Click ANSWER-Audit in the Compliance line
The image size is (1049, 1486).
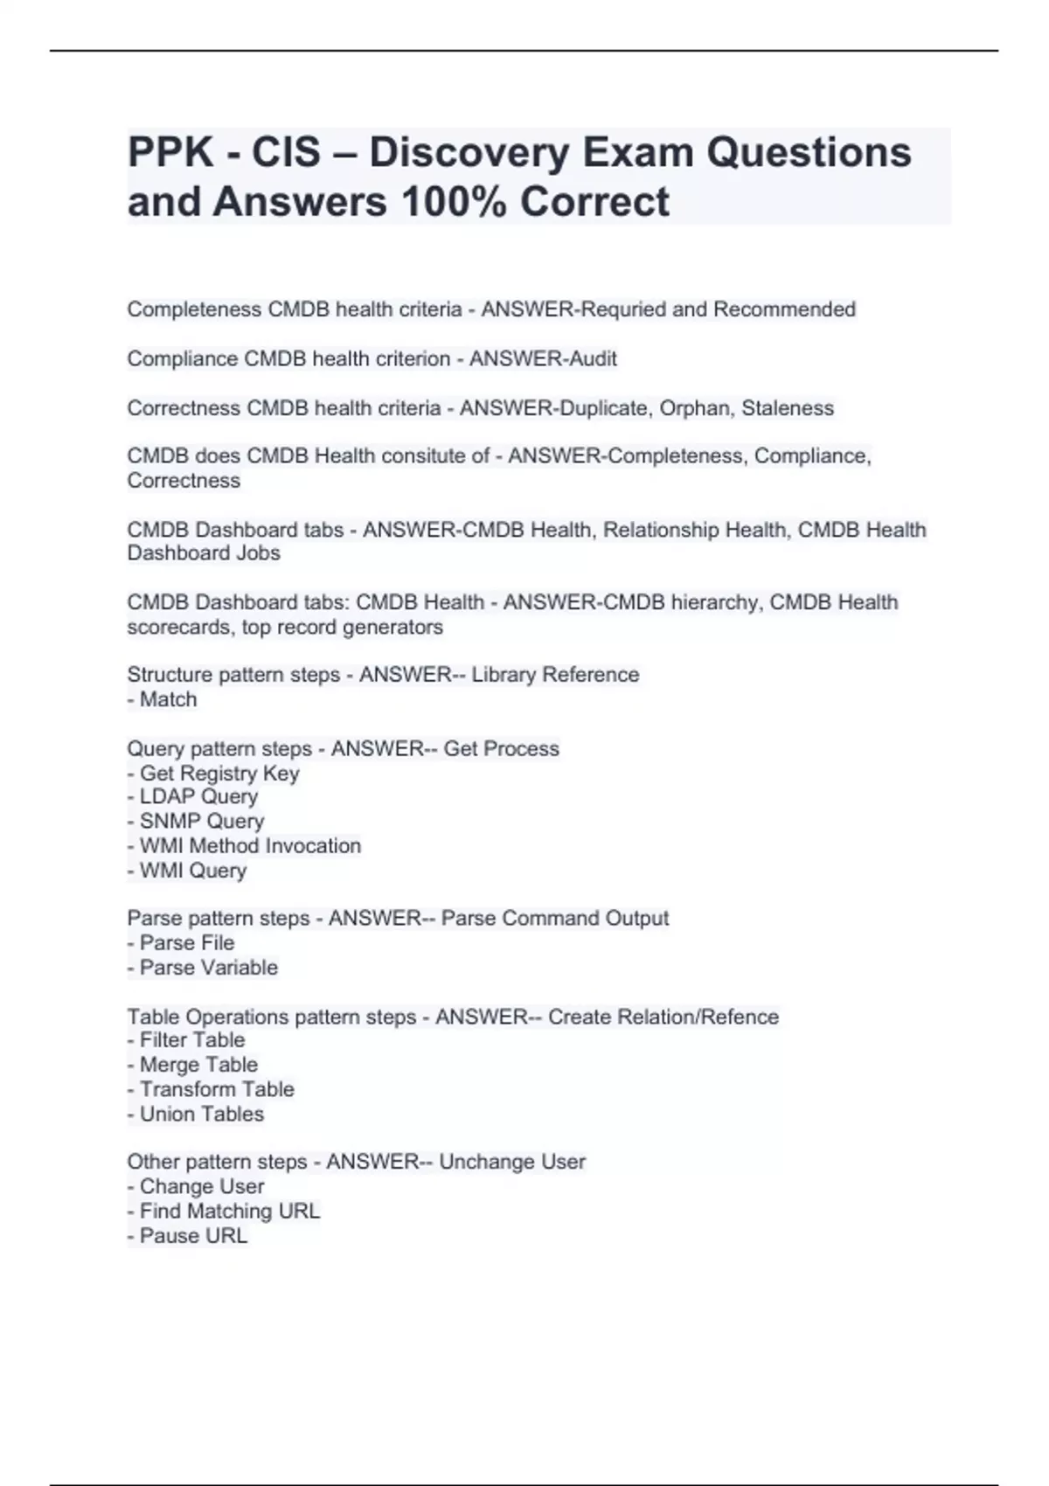coord(543,358)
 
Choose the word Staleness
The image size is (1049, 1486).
coord(788,408)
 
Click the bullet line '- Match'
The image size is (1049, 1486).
coord(163,699)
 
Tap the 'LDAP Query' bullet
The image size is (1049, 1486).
coord(193,797)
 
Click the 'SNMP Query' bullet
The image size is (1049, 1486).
coord(196,822)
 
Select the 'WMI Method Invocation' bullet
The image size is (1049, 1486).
coord(245,846)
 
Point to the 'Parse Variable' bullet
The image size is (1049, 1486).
coord(203,968)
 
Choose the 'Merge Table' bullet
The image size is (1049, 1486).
coord(193,1065)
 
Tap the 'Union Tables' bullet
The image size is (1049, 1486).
coord(196,1114)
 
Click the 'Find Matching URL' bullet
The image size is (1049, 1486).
coord(224,1212)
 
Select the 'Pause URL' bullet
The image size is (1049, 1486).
coord(188,1236)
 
